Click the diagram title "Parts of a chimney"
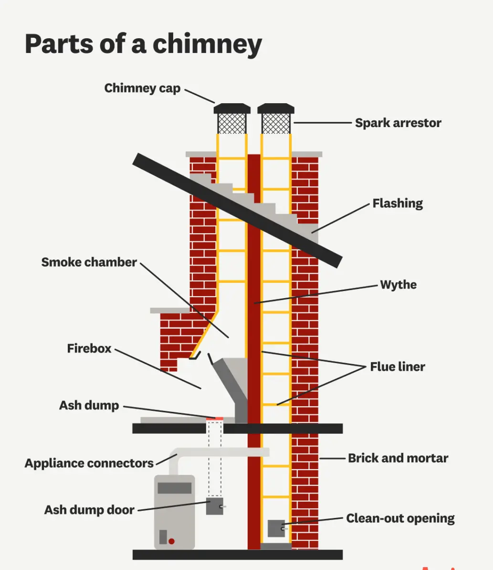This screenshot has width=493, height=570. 143,44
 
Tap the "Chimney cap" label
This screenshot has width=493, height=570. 142,88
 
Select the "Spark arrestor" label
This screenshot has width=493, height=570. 398,123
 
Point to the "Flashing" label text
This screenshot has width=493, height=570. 398,204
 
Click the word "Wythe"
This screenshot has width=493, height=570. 398,285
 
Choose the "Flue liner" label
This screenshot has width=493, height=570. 398,367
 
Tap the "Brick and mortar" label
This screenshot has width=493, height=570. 398,458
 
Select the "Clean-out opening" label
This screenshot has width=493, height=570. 400,518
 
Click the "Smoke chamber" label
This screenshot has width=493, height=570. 89,262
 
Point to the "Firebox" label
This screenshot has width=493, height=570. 89,349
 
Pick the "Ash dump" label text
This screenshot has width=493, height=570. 89,406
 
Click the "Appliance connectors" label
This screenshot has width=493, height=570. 89,463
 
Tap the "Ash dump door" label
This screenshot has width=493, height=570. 89,510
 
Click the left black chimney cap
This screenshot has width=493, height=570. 232,108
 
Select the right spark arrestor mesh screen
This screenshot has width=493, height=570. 276,124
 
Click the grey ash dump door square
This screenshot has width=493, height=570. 214,506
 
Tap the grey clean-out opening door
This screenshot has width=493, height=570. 276,528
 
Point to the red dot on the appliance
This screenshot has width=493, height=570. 171,541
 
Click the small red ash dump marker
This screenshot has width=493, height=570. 215,419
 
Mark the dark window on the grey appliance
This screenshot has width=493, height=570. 175,488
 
